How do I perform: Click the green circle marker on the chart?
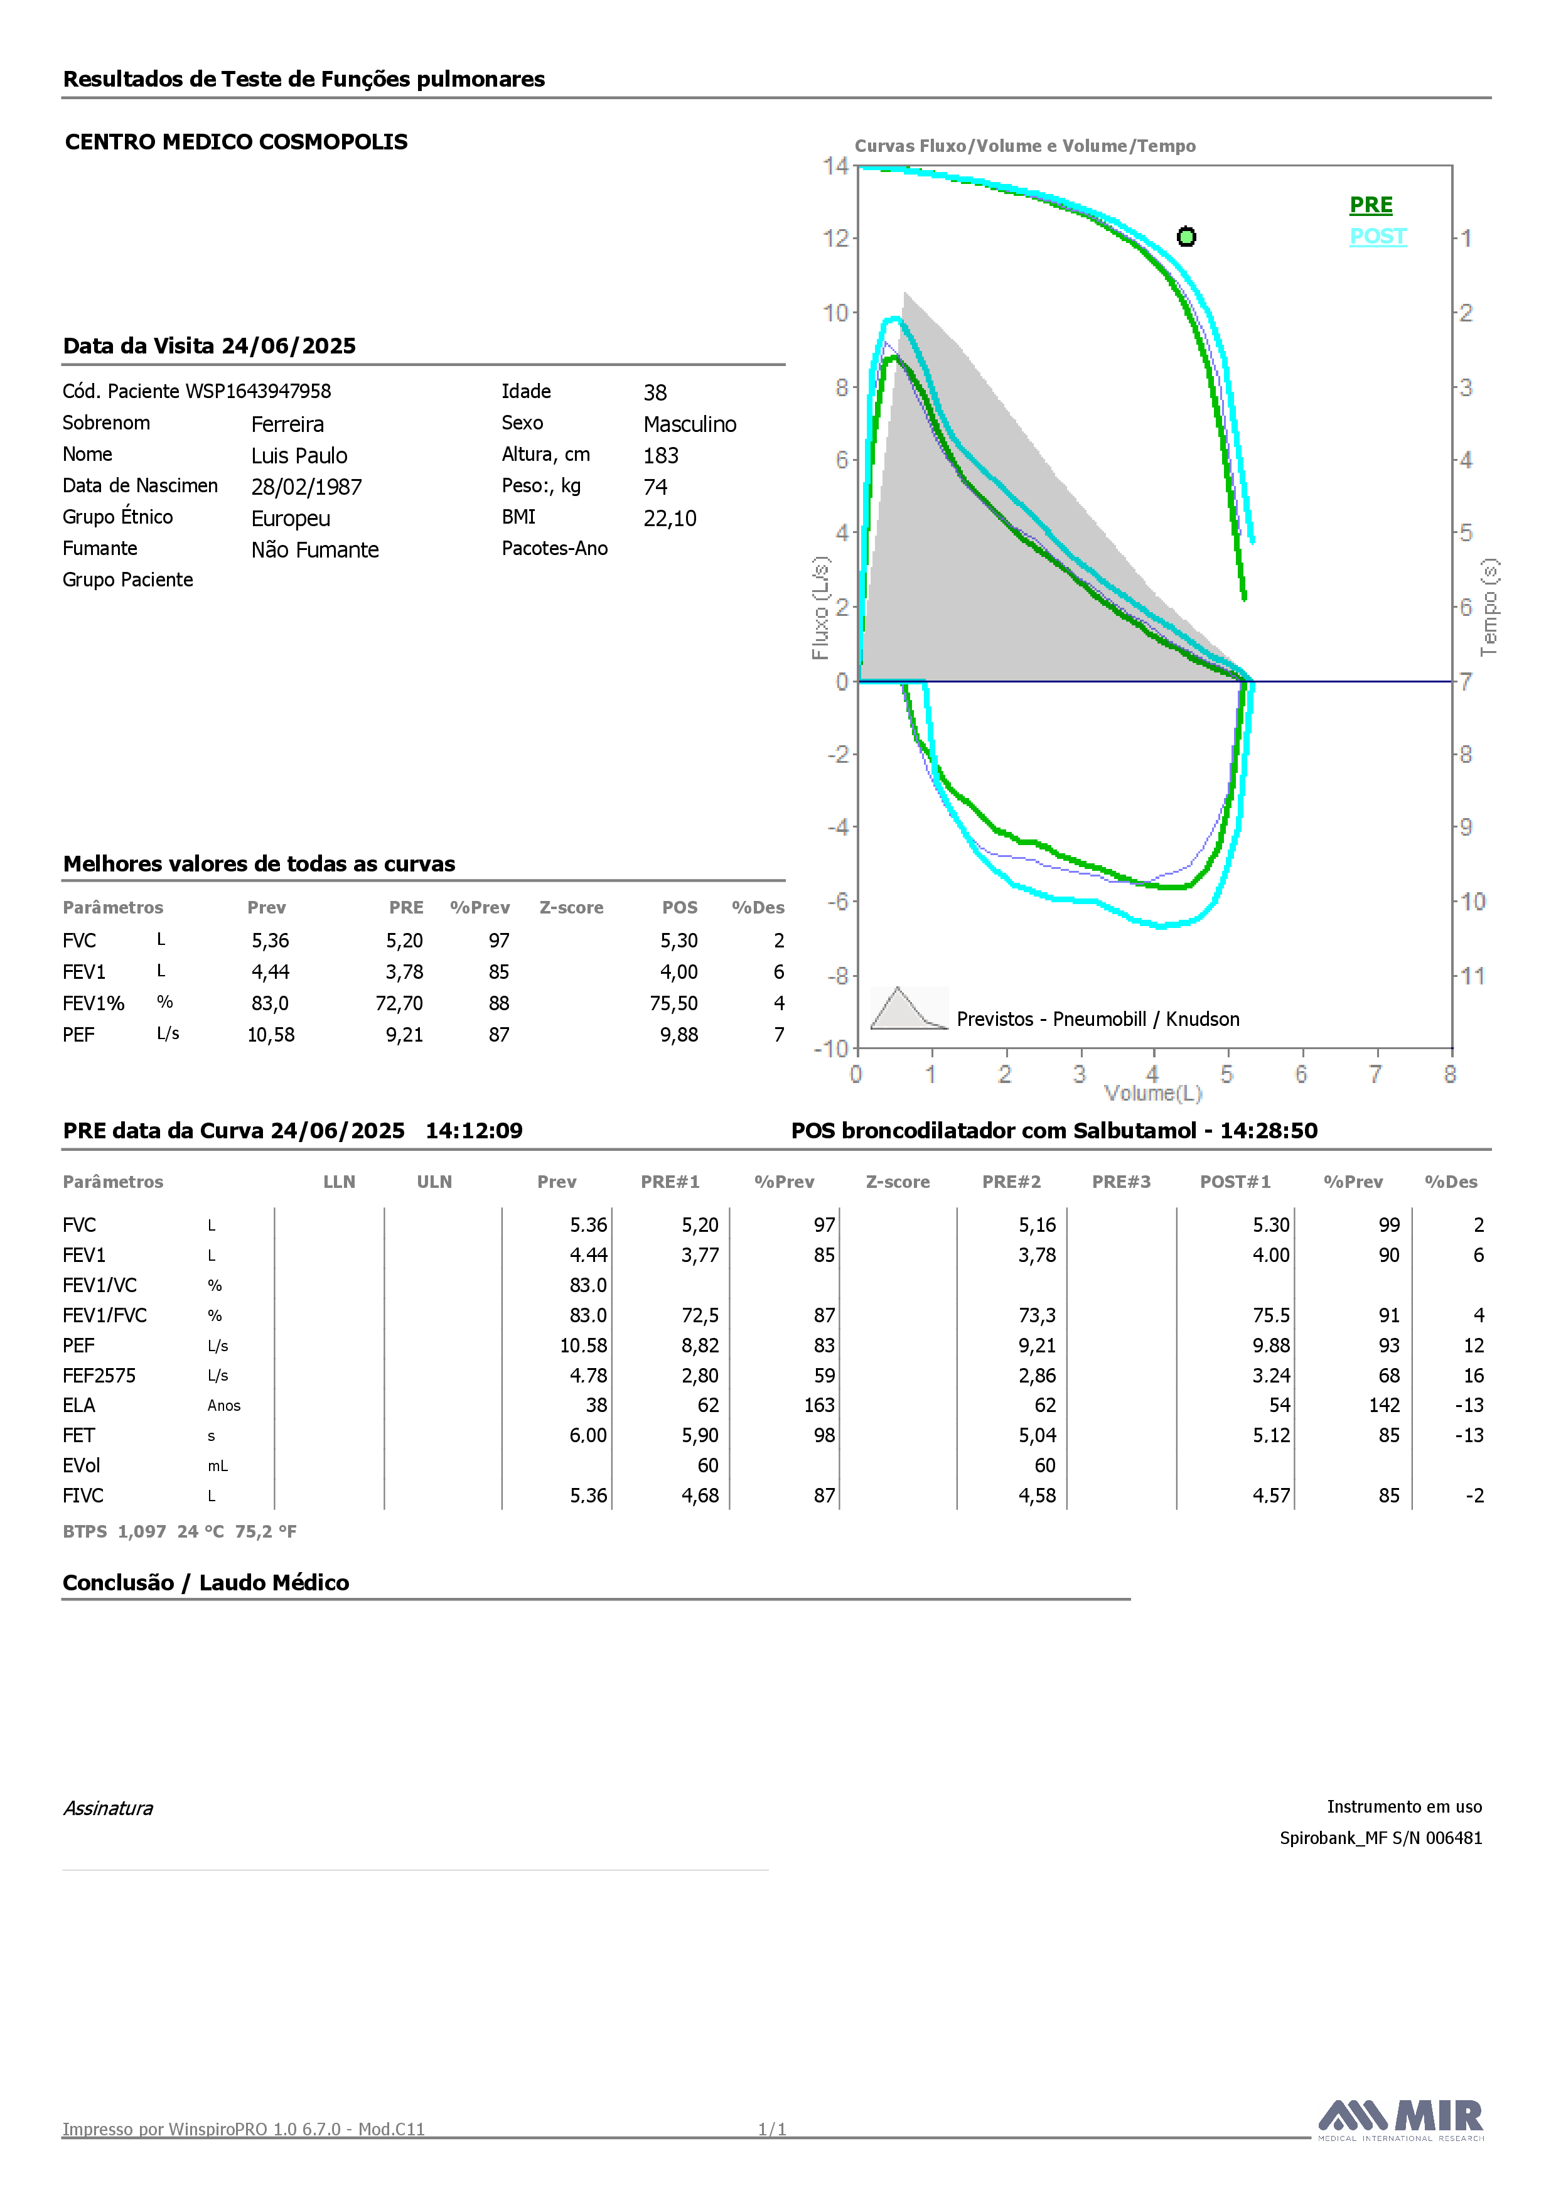click(1186, 237)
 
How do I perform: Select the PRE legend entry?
click(1371, 205)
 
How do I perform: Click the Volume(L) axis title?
click(1152, 1093)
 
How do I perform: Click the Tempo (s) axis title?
click(1489, 608)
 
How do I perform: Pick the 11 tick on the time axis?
click(1473, 976)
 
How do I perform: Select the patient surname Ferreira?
click(287, 424)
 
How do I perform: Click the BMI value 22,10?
click(670, 519)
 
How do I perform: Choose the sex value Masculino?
click(690, 424)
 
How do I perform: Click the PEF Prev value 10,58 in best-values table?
click(271, 1035)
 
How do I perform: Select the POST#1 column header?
click(1235, 1182)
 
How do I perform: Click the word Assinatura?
click(108, 1808)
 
